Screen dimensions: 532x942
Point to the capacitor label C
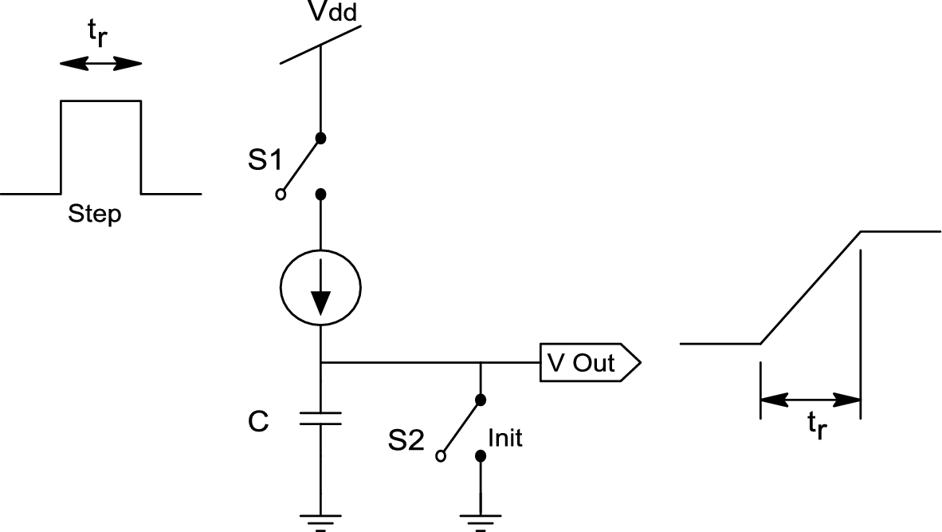tap(257, 422)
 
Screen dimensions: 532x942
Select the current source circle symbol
tap(320, 286)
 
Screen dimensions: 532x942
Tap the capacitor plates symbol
tap(320, 419)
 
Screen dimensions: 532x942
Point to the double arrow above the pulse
tap(100, 64)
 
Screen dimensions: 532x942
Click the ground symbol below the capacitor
tap(320, 521)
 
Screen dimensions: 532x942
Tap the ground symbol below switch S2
tap(480, 521)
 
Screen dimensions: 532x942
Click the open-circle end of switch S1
tap(281, 195)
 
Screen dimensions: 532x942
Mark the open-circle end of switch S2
tap(440, 457)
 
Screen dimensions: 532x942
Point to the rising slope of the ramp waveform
tap(811, 288)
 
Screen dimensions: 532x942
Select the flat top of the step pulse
tap(101, 100)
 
